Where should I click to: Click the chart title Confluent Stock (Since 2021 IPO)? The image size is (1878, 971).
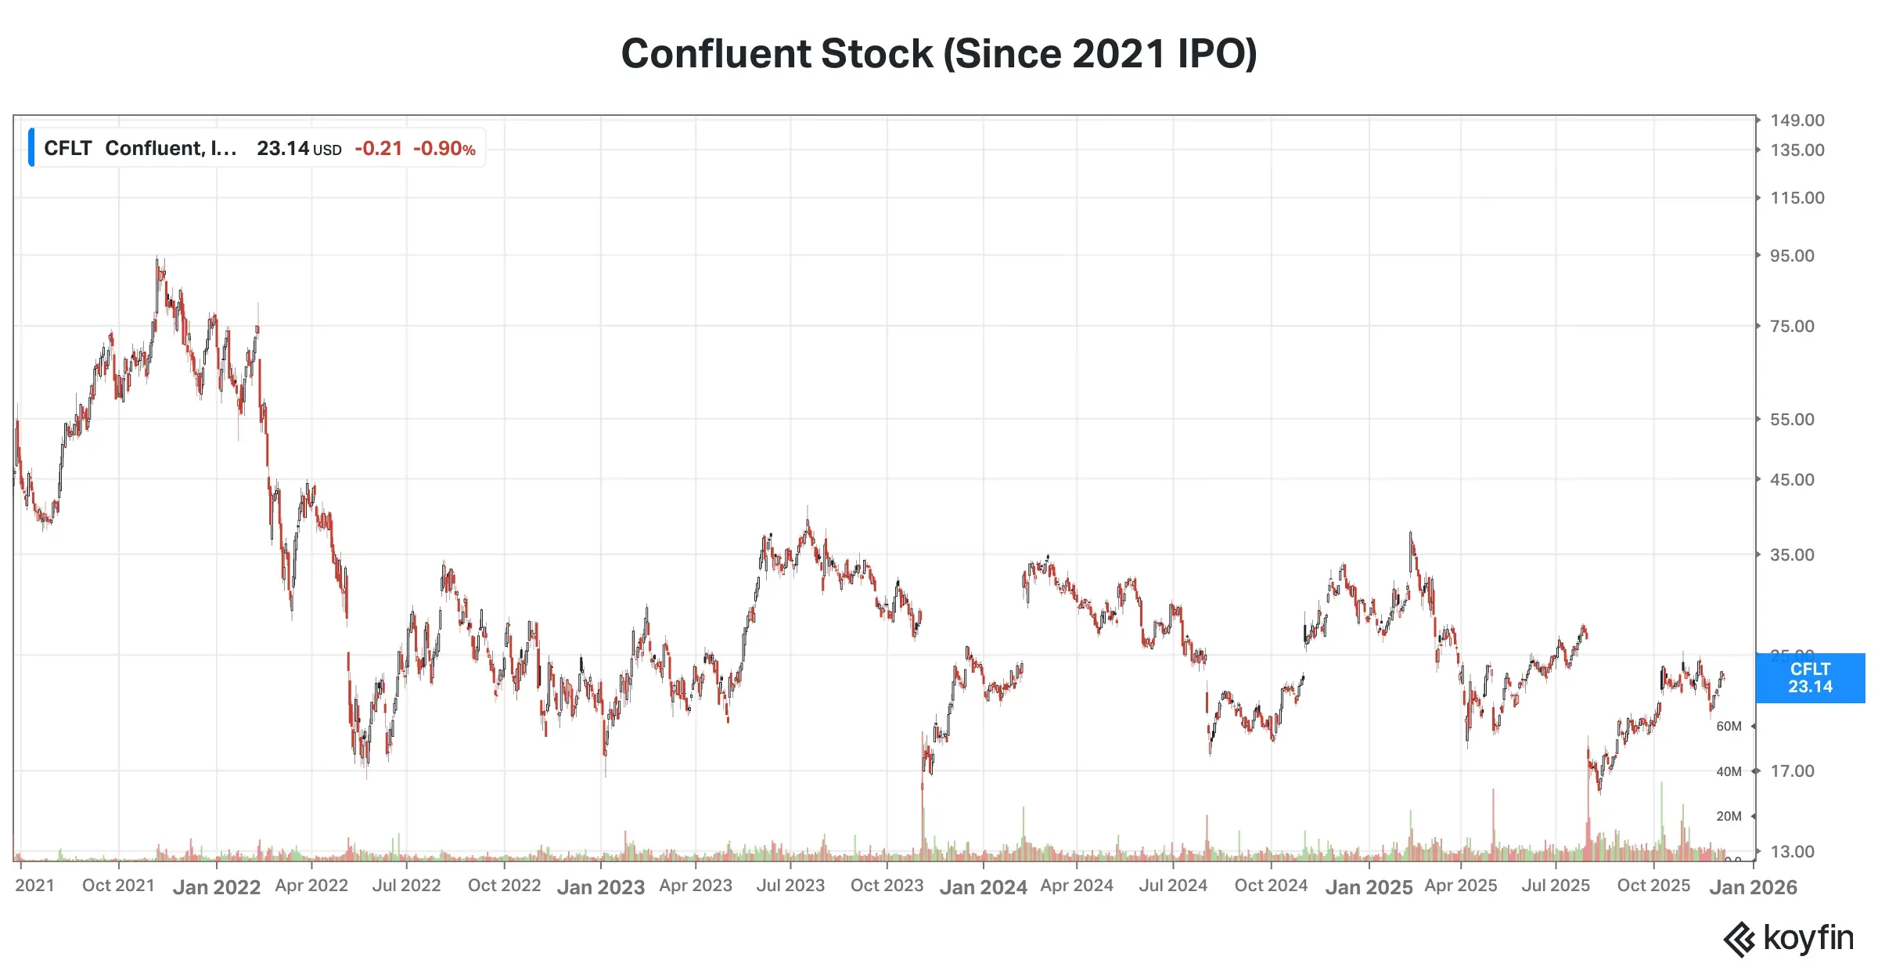[x=938, y=54]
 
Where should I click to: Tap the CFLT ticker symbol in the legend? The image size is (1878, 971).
[x=67, y=148]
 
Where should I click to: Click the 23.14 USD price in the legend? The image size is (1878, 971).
[x=298, y=148]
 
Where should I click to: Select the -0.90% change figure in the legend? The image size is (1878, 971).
[x=444, y=148]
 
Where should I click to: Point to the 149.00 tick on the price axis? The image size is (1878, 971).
[x=1797, y=121]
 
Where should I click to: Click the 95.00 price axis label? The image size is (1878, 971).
[x=1792, y=256]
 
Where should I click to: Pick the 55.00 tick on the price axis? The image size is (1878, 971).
[x=1792, y=420]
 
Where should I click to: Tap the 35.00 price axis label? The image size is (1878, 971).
[x=1792, y=555]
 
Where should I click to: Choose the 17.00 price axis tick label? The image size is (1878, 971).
[x=1792, y=771]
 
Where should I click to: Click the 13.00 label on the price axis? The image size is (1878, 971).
[x=1792, y=852]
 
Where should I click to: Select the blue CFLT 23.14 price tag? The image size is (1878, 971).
[x=1810, y=678]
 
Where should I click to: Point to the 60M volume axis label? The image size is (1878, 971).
[x=1729, y=727]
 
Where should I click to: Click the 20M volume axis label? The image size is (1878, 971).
[x=1729, y=817]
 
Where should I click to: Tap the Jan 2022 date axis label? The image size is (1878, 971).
[x=217, y=887]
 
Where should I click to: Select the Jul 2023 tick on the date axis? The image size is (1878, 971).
[x=790, y=886]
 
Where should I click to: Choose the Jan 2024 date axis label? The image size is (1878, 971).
[x=983, y=887]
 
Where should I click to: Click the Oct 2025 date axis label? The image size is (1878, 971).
[x=1653, y=886]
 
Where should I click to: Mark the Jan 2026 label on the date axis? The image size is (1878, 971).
[x=1753, y=887]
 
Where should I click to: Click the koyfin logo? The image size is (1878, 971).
[x=1788, y=938]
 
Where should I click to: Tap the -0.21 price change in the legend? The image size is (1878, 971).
[x=379, y=148]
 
